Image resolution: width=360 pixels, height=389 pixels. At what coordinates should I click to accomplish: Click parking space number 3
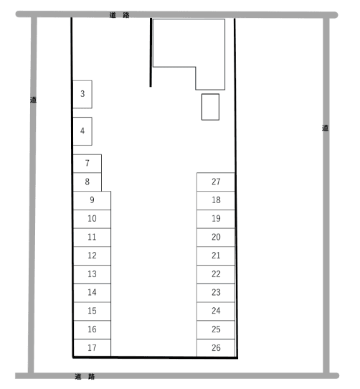82,94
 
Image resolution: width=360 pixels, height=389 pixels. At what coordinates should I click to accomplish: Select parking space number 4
82,131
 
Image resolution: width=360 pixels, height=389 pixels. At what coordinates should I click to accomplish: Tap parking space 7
87,164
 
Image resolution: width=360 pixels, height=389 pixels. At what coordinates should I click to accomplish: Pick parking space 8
87,182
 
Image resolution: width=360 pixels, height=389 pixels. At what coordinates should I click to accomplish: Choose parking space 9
92,200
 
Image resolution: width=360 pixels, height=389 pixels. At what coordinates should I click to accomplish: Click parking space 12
92,256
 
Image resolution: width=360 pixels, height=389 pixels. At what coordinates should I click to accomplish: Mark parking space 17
92,348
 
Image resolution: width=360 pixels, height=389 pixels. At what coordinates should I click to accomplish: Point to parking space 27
216,182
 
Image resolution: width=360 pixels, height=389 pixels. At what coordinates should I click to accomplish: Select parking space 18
216,200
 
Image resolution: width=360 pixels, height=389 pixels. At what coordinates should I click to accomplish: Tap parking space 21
216,256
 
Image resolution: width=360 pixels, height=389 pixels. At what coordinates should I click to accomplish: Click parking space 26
216,348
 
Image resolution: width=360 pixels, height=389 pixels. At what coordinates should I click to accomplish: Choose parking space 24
216,311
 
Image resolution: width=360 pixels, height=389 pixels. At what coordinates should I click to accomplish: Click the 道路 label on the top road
119,15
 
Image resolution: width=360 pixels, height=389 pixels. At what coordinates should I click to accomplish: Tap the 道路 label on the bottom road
85,376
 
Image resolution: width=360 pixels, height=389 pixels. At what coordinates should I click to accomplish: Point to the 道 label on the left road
33,100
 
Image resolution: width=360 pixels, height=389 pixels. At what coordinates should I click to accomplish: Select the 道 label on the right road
325,128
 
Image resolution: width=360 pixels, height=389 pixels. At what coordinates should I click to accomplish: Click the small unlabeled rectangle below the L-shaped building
210,107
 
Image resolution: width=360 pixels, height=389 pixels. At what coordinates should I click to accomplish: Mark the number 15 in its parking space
92,311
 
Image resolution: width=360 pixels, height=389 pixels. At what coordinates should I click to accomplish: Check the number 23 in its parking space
216,293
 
